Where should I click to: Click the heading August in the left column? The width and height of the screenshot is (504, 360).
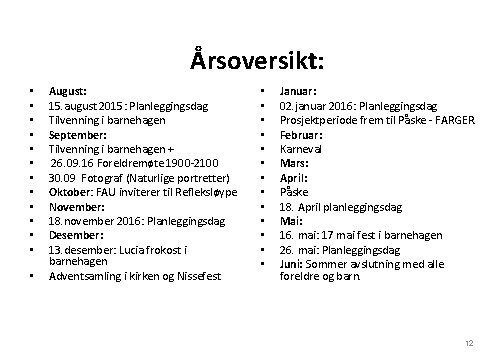[x=68, y=90]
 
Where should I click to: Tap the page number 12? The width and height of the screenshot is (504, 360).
[x=468, y=343]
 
